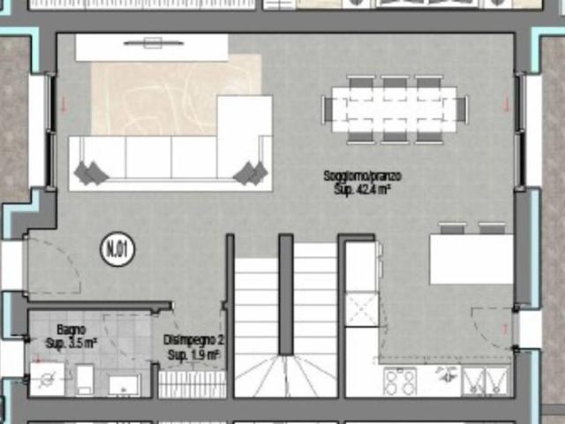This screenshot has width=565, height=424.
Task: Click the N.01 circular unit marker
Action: (x=117, y=249)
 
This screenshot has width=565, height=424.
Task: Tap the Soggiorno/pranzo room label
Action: (x=363, y=177)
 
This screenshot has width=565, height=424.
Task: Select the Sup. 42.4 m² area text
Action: (x=363, y=189)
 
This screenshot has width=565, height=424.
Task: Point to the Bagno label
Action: (x=72, y=329)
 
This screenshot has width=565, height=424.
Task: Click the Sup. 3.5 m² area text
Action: (x=72, y=343)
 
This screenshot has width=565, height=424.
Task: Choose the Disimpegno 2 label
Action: (x=193, y=340)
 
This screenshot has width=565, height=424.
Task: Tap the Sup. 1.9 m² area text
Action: (x=193, y=355)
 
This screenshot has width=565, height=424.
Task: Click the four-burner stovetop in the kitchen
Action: (x=400, y=382)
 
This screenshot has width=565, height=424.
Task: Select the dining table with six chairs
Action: (x=395, y=110)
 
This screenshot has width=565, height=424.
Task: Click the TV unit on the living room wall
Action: (x=152, y=47)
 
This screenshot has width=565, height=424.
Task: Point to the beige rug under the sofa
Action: (x=176, y=95)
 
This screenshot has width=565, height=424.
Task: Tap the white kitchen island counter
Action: (x=471, y=259)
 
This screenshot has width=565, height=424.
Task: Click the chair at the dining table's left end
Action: (x=328, y=110)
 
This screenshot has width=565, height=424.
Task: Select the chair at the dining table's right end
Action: (x=463, y=110)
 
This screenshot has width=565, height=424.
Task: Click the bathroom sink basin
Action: (x=124, y=385)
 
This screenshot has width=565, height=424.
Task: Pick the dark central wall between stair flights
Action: (x=286, y=294)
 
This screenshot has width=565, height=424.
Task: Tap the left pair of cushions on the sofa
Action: (x=91, y=173)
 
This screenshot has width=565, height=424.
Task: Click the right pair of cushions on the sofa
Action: (x=251, y=173)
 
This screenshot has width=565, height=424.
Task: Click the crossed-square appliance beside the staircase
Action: (x=362, y=310)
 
